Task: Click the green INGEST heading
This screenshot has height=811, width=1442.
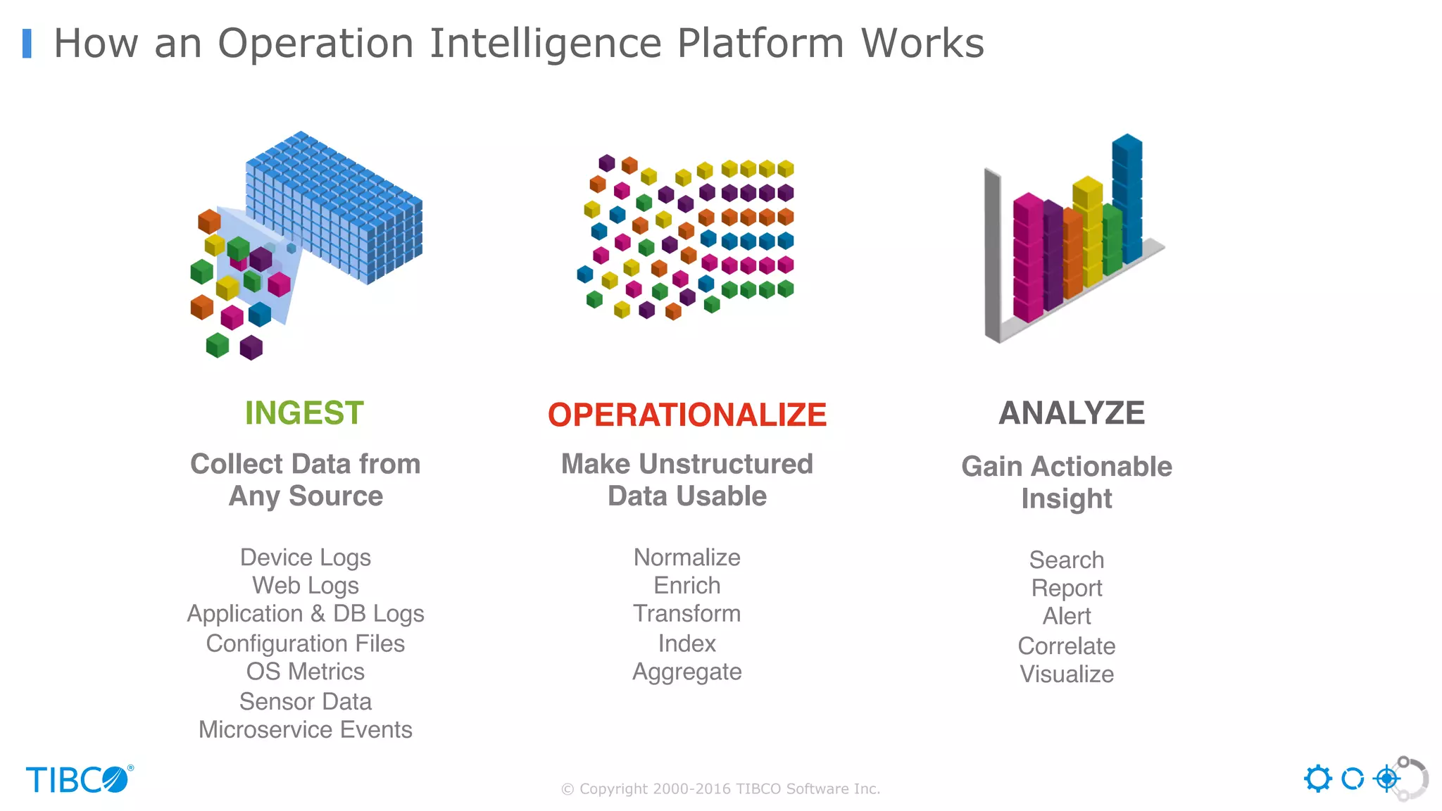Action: pyautogui.click(x=304, y=413)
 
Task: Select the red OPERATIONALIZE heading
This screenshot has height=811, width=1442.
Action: pyautogui.click(x=686, y=415)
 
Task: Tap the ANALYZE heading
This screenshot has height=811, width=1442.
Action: pyautogui.click(x=1071, y=413)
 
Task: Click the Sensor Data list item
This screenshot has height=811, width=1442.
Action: pyautogui.click(x=305, y=701)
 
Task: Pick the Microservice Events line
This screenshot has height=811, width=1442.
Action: pyautogui.click(x=305, y=729)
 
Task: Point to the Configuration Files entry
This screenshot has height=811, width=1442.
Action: pyautogui.click(x=305, y=643)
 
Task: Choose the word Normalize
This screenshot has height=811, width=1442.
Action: pyautogui.click(x=686, y=558)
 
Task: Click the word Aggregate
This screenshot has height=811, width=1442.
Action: pyautogui.click(x=686, y=672)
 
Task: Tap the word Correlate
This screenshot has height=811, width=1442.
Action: pyautogui.click(x=1066, y=646)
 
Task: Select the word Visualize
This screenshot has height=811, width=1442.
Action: pyautogui.click(x=1066, y=674)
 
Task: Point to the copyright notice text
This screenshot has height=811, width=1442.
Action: pyautogui.click(x=720, y=789)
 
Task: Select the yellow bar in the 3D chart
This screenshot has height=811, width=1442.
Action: pyautogui.click(x=1088, y=232)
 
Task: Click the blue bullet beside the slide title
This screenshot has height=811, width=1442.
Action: pyautogui.click(x=27, y=44)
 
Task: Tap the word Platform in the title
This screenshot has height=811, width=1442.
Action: pyautogui.click(x=760, y=44)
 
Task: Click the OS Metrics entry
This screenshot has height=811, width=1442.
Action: pyautogui.click(x=305, y=672)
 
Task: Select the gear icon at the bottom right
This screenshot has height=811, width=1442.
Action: pyautogui.click(x=1317, y=779)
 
